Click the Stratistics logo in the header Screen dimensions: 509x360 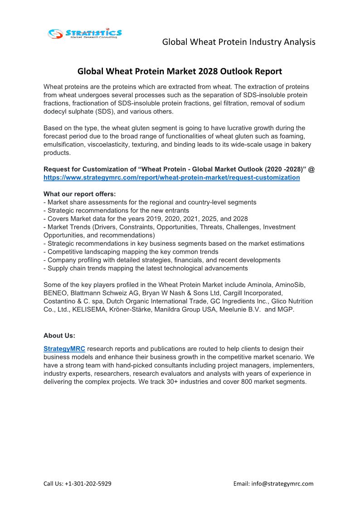click(85, 34)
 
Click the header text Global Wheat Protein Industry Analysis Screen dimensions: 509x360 click(238, 42)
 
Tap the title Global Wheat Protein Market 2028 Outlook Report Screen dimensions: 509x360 click(180, 71)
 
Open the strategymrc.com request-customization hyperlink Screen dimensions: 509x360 click(171, 178)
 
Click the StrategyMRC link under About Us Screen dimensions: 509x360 click(64, 349)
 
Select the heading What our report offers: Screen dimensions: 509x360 click(79, 194)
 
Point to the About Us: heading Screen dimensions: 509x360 click(59, 336)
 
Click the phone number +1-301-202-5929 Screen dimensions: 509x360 click(88, 484)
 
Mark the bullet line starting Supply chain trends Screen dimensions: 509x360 click(146, 268)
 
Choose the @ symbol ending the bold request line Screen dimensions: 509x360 click(311, 169)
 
